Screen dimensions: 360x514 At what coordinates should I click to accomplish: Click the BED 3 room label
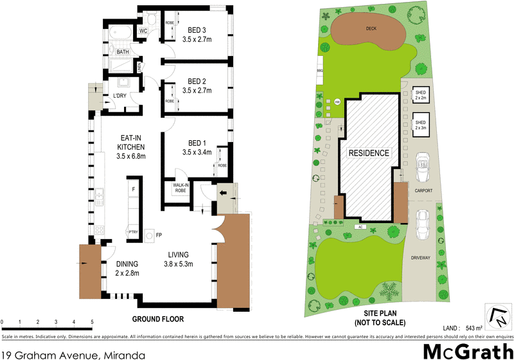click(x=197, y=30)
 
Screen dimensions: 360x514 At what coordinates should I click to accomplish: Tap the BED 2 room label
click(x=197, y=81)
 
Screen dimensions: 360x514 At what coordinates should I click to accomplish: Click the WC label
click(x=143, y=30)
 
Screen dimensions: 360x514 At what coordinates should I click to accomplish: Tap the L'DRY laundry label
click(x=120, y=96)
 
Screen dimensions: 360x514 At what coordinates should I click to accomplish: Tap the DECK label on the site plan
click(x=371, y=28)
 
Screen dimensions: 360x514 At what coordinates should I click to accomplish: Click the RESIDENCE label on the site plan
click(x=369, y=153)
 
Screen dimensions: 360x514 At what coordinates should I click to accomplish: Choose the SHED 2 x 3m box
click(x=421, y=125)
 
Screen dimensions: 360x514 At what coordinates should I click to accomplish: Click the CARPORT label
click(x=423, y=191)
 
